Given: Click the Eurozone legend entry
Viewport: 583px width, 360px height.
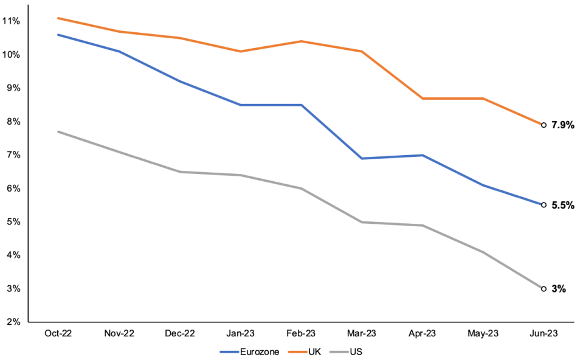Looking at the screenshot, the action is pyautogui.click(x=249, y=352).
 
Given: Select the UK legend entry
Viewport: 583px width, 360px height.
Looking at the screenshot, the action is pyautogui.click(x=304, y=352).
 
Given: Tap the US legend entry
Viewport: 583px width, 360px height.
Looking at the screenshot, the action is pyautogui.click(x=346, y=352).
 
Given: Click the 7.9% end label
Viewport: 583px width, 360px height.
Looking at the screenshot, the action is pyautogui.click(x=562, y=125).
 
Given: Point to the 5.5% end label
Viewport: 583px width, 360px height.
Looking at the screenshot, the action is pyautogui.click(x=562, y=205).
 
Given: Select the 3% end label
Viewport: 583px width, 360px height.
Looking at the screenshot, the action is pyautogui.click(x=559, y=289).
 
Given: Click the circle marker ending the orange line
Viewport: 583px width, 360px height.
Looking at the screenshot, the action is pyautogui.click(x=543, y=125).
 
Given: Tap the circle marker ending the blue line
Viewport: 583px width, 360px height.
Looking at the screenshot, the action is pyautogui.click(x=543, y=205).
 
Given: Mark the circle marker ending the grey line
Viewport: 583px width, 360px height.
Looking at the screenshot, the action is pyautogui.click(x=543, y=289).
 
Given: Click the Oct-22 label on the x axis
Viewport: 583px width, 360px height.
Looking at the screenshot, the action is pyautogui.click(x=58, y=333).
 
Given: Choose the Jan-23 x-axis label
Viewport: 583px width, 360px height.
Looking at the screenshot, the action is pyautogui.click(x=240, y=333).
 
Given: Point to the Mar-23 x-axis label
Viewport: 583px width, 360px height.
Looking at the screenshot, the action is pyautogui.click(x=361, y=333).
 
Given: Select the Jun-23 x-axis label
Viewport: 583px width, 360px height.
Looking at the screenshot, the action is pyautogui.click(x=543, y=333).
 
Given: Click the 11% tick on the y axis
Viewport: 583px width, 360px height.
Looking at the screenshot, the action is pyautogui.click(x=11, y=21).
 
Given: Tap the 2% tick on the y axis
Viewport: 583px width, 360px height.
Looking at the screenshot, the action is pyautogui.click(x=13, y=322).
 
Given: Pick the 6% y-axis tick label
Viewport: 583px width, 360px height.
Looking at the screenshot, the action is pyautogui.click(x=13, y=189).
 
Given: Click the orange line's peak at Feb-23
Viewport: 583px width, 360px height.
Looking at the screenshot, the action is pyautogui.click(x=301, y=41).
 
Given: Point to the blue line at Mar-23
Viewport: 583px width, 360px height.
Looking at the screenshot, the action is pyautogui.click(x=361, y=159).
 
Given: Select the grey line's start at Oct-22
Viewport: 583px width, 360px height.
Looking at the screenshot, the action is pyautogui.click(x=58, y=131).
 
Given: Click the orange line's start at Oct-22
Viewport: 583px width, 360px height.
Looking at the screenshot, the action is pyautogui.click(x=58, y=18).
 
